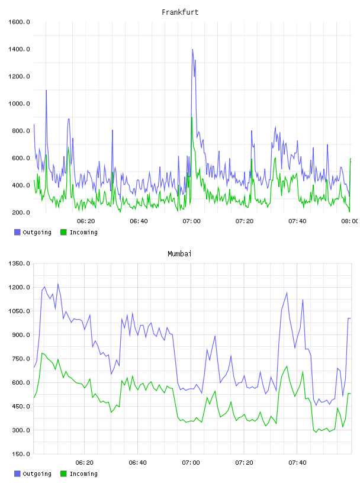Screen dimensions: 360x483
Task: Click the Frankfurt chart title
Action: (x=180, y=12)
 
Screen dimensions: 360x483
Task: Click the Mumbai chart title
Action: (x=179, y=254)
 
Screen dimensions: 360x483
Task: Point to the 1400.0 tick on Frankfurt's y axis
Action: (x=19, y=49)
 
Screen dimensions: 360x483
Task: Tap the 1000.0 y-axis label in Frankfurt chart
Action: (x=19, y=104)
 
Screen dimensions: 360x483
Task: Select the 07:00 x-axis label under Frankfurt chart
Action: (x=191, y=221)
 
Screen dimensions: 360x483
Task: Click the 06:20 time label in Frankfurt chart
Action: (x=86, y=221)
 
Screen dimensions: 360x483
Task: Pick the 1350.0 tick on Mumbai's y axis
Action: (x=19, y=263)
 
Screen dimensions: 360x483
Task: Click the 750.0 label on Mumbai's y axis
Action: (x=21, y=359)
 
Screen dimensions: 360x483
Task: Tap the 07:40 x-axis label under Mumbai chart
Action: (x=297, y=463)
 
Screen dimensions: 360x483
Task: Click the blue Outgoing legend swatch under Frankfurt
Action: (x=17, y=232)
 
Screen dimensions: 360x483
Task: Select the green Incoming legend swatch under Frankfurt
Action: (x=63, y=232)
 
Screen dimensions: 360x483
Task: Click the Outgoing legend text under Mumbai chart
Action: (x=37, y=474)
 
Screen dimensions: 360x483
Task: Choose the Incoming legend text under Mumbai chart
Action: (x=83, y=474)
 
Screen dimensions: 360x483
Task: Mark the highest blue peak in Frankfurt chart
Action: (x=192, y=50)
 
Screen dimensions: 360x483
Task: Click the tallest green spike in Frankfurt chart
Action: (x=192, y=117)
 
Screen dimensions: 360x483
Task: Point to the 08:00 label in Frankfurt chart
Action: (x=350, y=221)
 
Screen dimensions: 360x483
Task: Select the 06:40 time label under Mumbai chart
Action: (x=137, y=463)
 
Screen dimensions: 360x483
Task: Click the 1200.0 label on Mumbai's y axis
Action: (x=19, y=288)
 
